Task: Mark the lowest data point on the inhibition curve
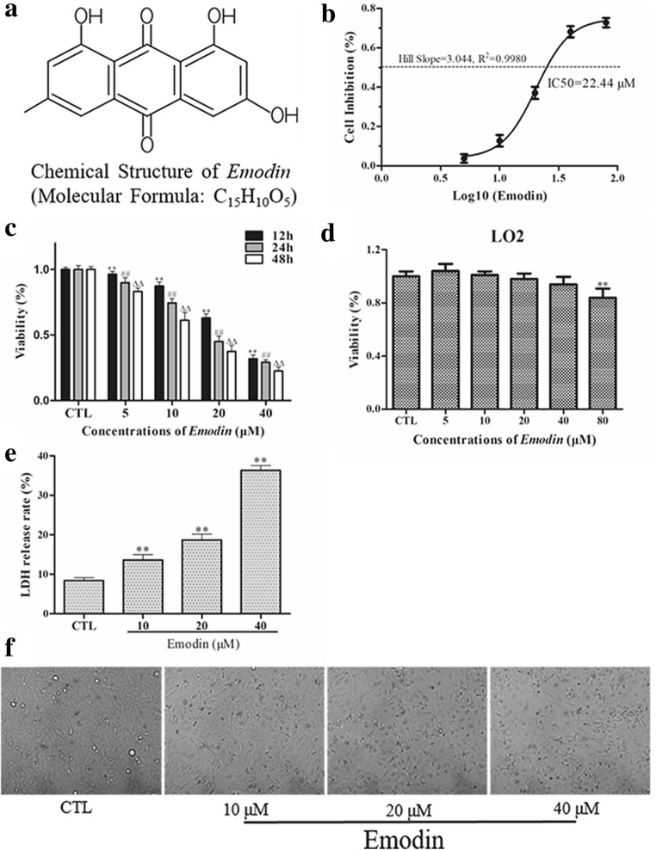pyautogui.click(x=464, y=158)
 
